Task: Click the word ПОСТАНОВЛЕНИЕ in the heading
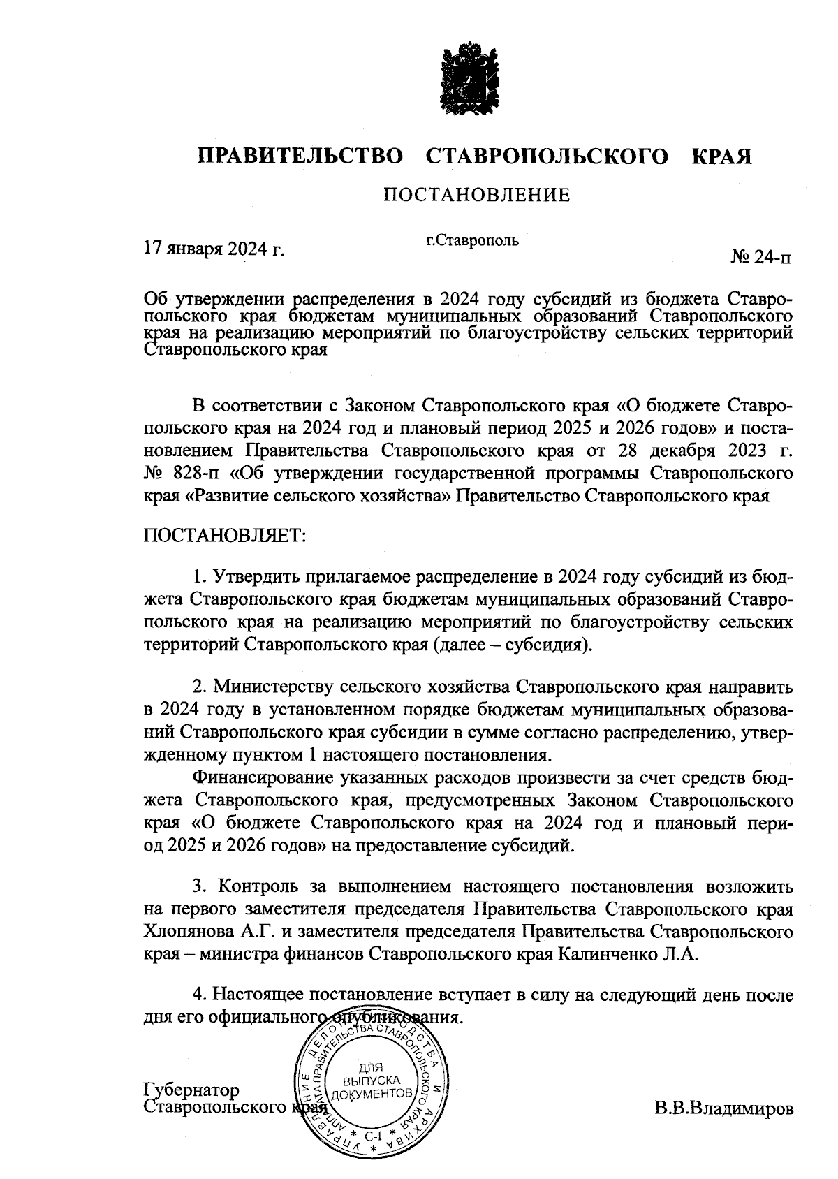click(476, 195)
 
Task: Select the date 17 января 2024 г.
click(214, 249)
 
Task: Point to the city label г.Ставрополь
click(472, 241)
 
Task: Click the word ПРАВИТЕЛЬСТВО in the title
click(301, 156)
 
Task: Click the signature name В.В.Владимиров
click(723, 1108)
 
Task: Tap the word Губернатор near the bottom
click(191, 1090)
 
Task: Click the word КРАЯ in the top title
click(721, 156)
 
